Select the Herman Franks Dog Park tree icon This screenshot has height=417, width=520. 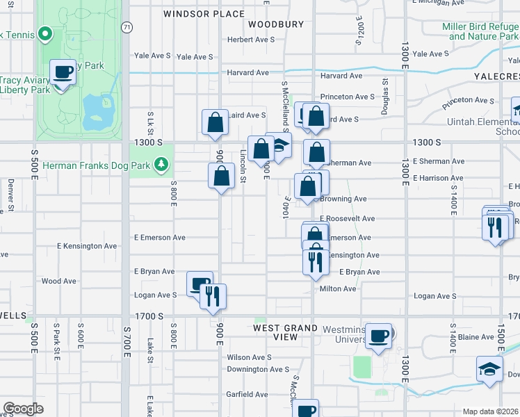click(162, 164)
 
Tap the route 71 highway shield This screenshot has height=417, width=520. click(126, 27)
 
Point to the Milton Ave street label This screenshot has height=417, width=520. click(338, 288)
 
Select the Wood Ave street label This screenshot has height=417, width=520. click(59, 281)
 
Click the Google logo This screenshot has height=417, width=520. click(23, 409)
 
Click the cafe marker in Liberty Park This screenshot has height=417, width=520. click(63, 72)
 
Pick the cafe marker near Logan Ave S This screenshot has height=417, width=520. click(200, 283)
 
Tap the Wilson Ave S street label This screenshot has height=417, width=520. click(248, 357)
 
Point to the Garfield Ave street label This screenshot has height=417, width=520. click(247, 394)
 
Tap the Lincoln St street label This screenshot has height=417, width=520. click(243, 167)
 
